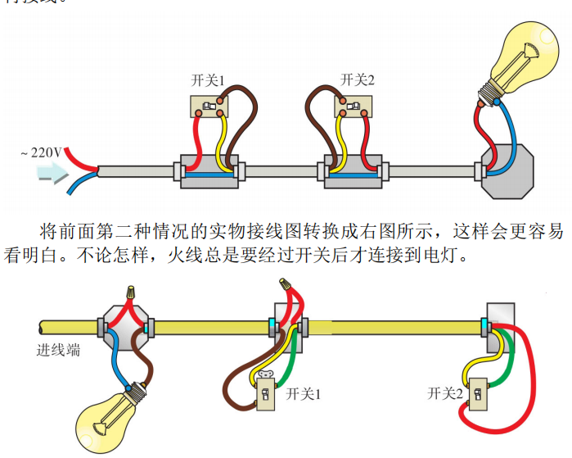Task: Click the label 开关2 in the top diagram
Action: (x=357, y=79)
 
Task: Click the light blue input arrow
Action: (x=54, y=173)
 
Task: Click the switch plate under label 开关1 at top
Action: (x=209, y=107)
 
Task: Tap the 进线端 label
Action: (x=58, y=351)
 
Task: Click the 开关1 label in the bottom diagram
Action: (x=304, y=394)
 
